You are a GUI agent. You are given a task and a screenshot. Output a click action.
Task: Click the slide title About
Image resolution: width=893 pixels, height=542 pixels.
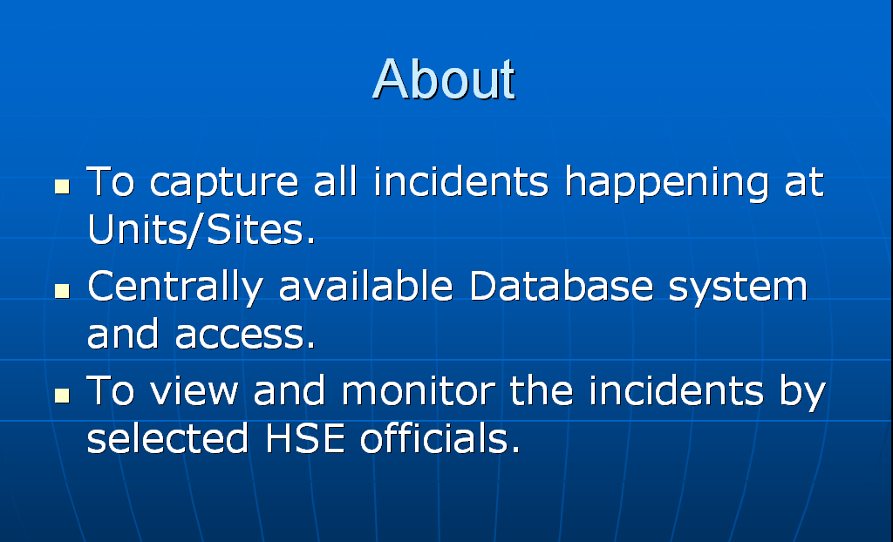coord(444,78)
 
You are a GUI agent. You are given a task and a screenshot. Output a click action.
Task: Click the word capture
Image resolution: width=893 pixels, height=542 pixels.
coord(224,183)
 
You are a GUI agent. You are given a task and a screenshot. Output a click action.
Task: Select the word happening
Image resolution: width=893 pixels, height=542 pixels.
coord(666,183)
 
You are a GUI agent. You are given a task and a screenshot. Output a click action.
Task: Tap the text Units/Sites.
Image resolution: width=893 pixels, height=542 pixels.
coord(201,230)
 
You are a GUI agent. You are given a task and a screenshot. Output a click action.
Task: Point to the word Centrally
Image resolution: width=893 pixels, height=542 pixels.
coord(174,287)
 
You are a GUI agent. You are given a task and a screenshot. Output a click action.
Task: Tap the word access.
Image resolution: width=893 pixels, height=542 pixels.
coord(245,335)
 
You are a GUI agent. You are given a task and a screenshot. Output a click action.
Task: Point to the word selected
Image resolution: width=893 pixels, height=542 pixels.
coord(167,437)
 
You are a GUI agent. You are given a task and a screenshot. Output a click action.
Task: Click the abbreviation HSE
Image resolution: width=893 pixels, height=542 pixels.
coord(304,437)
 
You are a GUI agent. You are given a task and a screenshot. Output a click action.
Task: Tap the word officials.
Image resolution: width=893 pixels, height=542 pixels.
coord(440,437)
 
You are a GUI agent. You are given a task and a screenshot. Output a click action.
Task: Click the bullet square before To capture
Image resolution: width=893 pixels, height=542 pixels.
coord(62,186)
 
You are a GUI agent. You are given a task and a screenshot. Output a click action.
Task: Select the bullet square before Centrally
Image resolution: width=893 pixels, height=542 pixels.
coord(62,291)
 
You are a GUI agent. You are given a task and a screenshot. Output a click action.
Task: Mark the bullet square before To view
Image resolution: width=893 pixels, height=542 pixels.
coord(62,396)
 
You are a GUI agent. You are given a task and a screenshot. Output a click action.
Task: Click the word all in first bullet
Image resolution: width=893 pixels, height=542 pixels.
coord(336,181)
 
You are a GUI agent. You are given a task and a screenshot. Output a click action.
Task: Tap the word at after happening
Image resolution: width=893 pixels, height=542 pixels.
coord(804,182)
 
